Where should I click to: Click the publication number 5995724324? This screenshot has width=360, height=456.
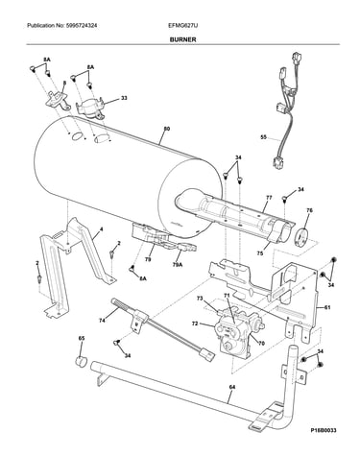pyautogui.click(x=82, y=25)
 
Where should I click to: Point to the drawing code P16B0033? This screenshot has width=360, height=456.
pyautogui.click(x=324, y=430)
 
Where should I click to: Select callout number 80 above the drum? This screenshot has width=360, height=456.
pyautogui.click(x=167, y=129)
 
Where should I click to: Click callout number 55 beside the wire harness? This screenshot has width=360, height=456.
pyautogui.click(x=263, y=138)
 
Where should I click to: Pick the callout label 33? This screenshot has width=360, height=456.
pyautogui.click(x=124, y=98)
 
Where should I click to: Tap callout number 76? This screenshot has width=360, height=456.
pyautogui.click(x=309, y=210)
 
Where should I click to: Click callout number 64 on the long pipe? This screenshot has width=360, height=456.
pyautogui.click(x=232, y=387)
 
